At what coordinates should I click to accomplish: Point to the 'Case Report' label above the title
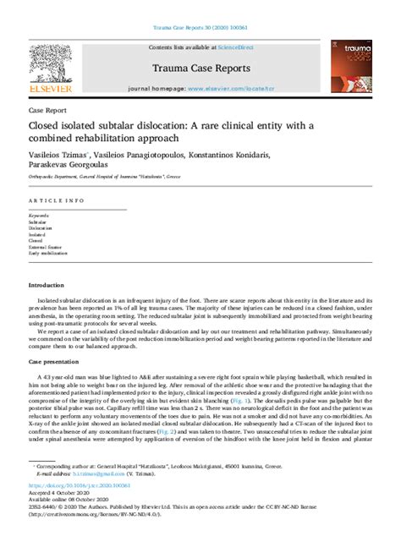click(x=47, y=111)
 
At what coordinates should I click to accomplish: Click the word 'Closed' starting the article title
click(x=47, y=126)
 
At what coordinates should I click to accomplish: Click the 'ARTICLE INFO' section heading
click(x=56, y=200)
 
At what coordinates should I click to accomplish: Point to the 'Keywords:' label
click(x=39, y=216)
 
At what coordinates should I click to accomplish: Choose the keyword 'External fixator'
click(x=47, y=246)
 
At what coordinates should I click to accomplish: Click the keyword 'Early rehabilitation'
click(x=48, y=253)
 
